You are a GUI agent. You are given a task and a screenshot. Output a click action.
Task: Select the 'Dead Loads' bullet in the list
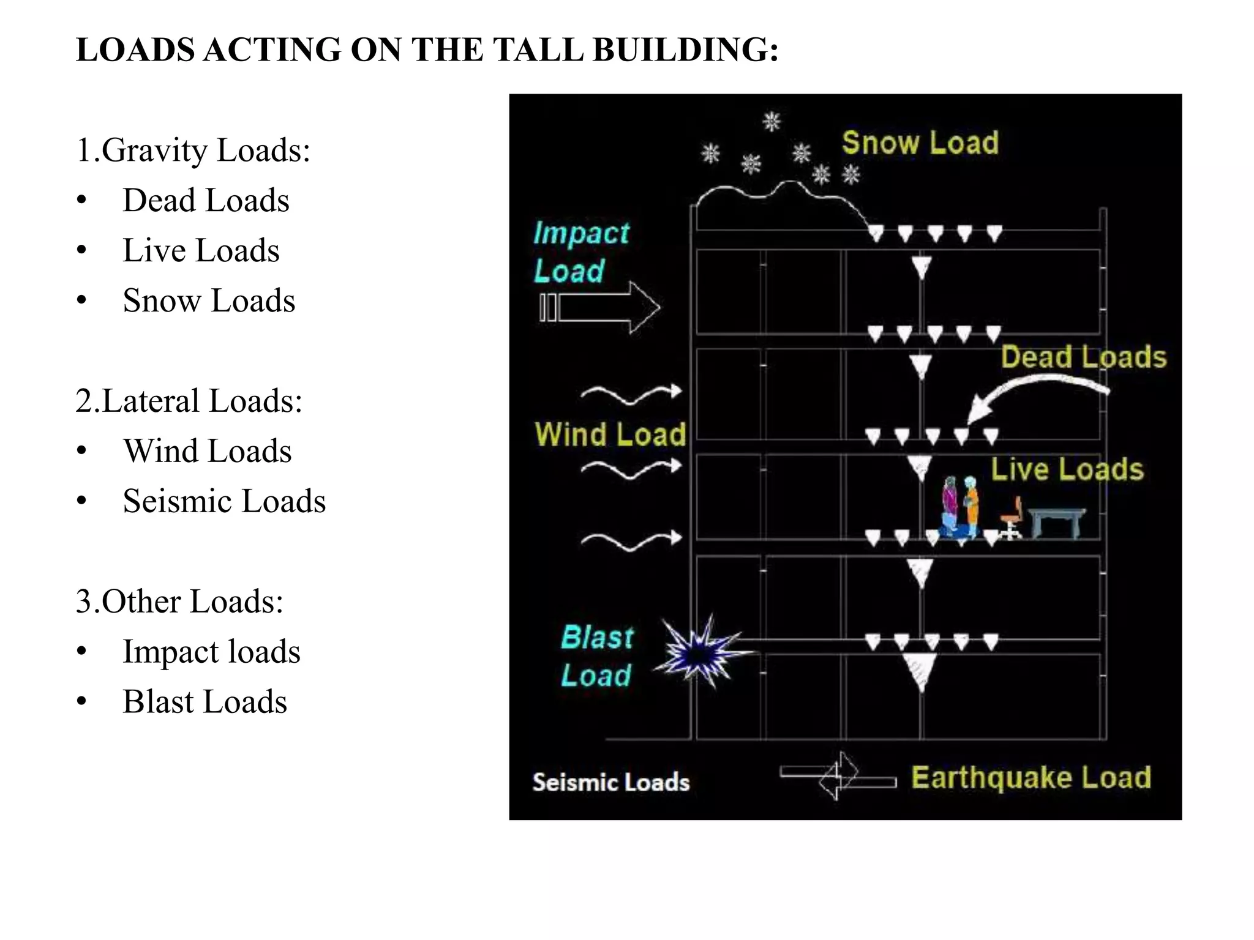pyautogui.click(x=206, y=201)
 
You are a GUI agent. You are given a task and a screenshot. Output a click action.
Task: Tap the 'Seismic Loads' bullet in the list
pyautogui.click(x=224, y=501)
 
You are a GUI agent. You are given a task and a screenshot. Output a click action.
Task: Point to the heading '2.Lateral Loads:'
pyautogui.click(x=189, y=401)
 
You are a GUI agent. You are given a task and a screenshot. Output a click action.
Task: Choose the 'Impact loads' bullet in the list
pyautogui.click(x=211, y=652)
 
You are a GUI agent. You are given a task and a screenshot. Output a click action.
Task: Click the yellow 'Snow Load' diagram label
pyautogui.click(x=920, y=143)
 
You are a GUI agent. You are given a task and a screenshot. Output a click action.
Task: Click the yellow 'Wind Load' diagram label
pyautogui.click(x=610, y=434)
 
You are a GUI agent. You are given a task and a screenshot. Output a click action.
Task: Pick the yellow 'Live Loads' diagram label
pyautogui.click(x=1067, y=469)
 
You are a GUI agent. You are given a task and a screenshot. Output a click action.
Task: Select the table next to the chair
pyautogui.click(x=1057, y=521)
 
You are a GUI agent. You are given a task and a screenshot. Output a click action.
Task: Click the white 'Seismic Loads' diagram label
pyautogui.click(x=610, y=783)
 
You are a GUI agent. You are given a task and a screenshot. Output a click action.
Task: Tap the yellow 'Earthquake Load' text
pyautogui.click(x=1031, y=778)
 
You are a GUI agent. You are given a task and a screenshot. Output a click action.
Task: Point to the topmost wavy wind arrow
pyautogui.click(x=631, y=394)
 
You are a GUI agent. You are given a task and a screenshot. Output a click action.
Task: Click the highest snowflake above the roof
pyautogui.click(x=772, y=121)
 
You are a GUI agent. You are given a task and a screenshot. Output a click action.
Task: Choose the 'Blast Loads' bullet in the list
pyautogui.click(x=205, y=702)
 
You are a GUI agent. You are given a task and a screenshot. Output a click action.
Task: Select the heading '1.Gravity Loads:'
pyautogui.click(x=193, y=151)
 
